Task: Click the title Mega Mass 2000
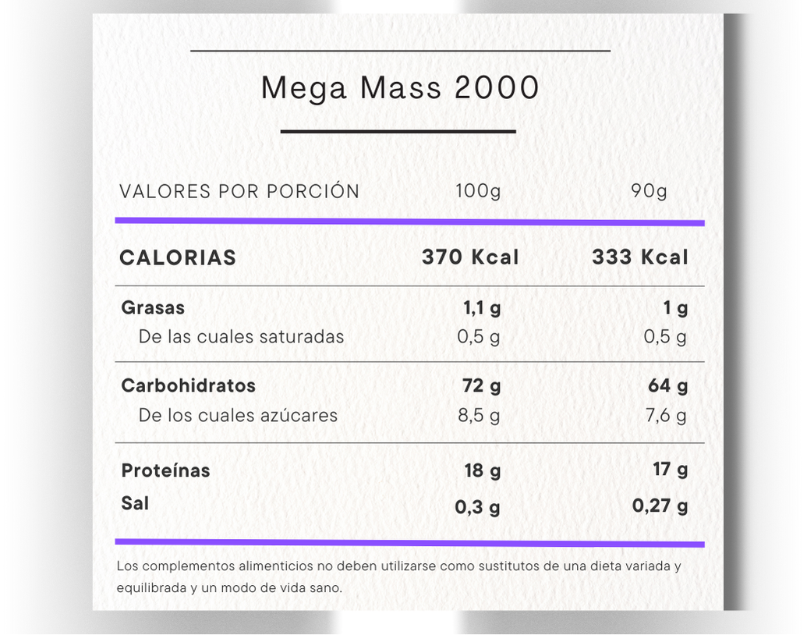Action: [x=400, y=88]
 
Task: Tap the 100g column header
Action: [x=478, y=191]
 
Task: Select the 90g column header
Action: [x=649, y=191]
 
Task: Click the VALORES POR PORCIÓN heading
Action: [x=239, y=191]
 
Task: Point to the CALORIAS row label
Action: [x=178, y=258]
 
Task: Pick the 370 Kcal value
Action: [x=470, y=257]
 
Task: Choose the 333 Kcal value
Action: [x=640, y=257]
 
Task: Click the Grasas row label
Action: [x=153, y=307]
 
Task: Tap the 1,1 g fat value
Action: [x=482, y=308]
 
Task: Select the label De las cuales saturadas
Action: [x=241, y=337]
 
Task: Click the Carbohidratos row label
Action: [x=188, y=385]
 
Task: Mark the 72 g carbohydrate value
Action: [x=482, y=385]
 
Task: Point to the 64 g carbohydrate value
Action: [x=668, y=385]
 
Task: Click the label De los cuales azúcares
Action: [x=238, y=415]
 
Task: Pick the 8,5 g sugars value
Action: [x=479, y=415]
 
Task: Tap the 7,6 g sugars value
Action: [x=666, y=415]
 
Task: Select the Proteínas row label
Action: [x=165, y=470]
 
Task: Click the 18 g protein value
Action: [x=482, y=470]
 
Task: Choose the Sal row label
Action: [x=135, y=503]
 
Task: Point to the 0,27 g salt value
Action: [x=660, y=506]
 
